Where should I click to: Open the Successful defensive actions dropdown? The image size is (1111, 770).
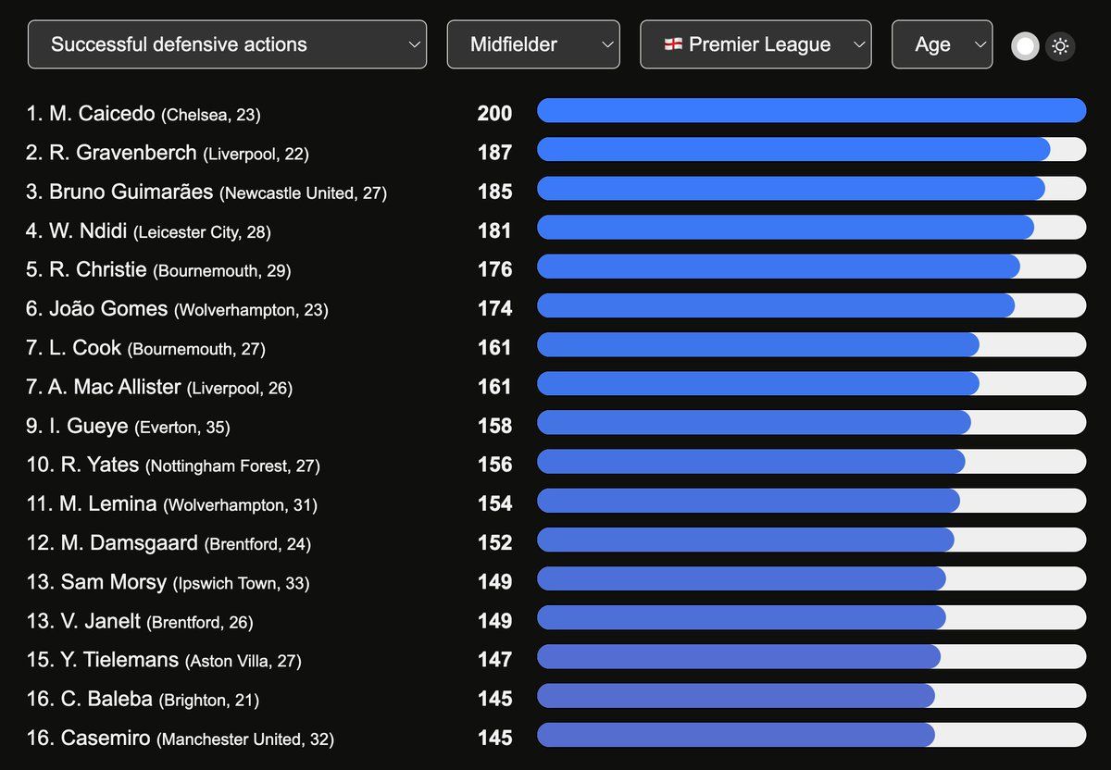click(x=227, y=44)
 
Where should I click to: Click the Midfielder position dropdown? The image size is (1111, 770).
click(x=533, y=44)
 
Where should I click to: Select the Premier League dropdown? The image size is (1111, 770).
click(x=755, y=44)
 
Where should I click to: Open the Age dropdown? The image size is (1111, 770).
click(x=942, y=44)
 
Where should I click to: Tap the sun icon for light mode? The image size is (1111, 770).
click(x=1060, y=46)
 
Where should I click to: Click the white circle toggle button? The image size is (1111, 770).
click(x=1025, y=46)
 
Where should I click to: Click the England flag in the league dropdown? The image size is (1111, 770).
click(x=673, y=44)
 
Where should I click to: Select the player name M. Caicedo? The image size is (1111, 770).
click(x=102, y=114)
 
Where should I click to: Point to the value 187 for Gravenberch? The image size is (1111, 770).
click(x=494, y=153)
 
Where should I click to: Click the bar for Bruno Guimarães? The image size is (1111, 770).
click(x=791, y=189)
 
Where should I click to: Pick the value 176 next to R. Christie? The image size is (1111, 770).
click(x=494, y=269)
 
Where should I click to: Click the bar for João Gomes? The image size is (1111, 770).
click(x=776, y=305)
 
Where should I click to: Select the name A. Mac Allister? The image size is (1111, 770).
click(x=114, y=387)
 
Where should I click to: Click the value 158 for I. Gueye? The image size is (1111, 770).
click(x=494, y=426)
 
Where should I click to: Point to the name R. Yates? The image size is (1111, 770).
click(x=100, y=465)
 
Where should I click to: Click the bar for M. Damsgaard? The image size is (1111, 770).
click(x=745, y=540)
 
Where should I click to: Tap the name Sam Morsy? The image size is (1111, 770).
click(x=113, y=582)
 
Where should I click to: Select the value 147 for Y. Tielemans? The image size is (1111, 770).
click(x=494, y=660)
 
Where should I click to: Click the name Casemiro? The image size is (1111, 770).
click(x=106, y=739)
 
